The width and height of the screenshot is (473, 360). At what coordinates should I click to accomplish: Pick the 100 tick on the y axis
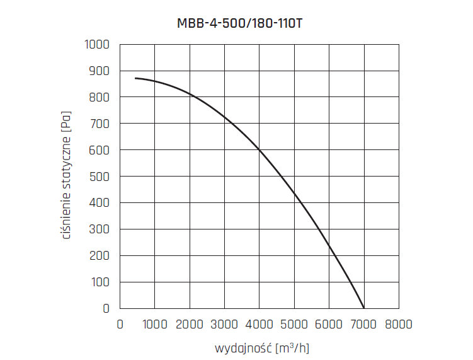click(x=101, y=282)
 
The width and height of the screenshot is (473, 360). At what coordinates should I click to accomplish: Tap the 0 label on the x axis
click(x=120, y=324)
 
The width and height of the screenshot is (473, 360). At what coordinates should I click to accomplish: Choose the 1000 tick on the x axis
click(x=155, y=324)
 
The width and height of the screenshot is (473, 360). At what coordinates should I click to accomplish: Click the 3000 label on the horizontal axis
click(x=224, y=324)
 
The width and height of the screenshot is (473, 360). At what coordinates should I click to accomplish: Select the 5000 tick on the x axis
click(x=294, y=324)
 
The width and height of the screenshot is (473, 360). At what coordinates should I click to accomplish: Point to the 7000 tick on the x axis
click(x=363, y=324)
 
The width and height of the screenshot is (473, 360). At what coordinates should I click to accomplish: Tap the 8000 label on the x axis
click(x=398, y=324)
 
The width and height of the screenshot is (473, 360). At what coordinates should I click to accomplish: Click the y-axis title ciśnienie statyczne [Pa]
click(x=66, y=176)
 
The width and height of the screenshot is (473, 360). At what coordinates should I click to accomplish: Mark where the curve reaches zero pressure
click(x=363, y=308)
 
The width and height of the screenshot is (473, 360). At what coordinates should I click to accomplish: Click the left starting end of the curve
click(x=135, y=78)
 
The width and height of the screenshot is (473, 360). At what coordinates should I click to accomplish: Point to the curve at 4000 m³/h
click(x=259, y=149)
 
